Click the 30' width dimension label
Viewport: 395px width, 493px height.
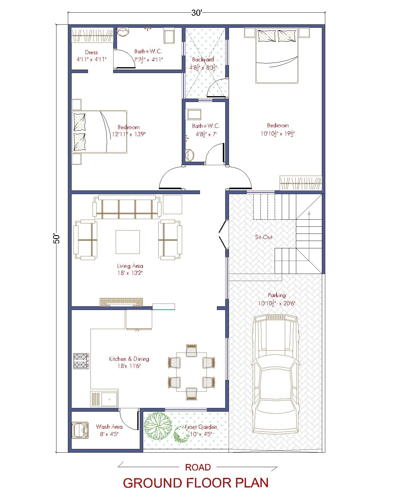pyautogui.click(x=196, y=13)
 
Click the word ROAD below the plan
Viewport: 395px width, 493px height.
pyautogui.click(x=198, y=467)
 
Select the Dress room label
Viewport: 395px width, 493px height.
pyautogui.click(x=91, y=52)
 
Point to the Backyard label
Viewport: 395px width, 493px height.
pyautogui.click(x=203, y=59)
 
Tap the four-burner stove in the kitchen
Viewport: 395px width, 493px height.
pyautogui.click(x=81, y=361)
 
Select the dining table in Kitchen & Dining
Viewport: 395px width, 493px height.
pyautogui.click(x=191, y=372)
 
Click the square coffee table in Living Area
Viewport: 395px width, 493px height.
pyautogui.click(x=127, y=242)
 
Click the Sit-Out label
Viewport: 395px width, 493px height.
pyautogui.click(x=264, y=237)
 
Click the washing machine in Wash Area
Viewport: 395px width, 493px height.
pyautogui.click(x=80, y=430)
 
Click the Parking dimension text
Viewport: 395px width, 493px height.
pyautogui.click(x=276, y=303)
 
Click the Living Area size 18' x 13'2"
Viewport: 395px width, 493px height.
pyautogui.click(x=130, y=273)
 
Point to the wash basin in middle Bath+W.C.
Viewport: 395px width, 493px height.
pyautogui.click(x=189, y=155)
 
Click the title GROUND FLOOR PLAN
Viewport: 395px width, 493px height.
pyautogui.click(x=196, y=483)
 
